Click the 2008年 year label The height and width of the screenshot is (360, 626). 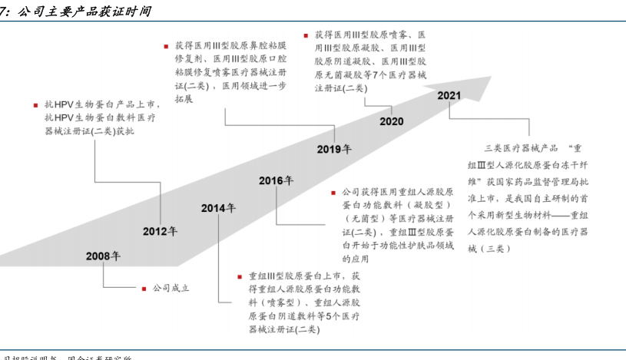point(103,256)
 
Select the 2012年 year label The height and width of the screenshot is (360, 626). point(160,231)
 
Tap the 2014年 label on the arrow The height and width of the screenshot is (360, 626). point(218,208)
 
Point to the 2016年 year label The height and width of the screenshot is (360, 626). point(276,181)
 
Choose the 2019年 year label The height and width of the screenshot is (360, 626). point(334,149)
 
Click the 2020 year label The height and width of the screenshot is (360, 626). point(391,121)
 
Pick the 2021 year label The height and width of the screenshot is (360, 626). point(449,95)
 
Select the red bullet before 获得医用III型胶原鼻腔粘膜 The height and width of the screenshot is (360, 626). point(166,46)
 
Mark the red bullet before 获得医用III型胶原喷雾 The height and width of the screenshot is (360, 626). point(306,35)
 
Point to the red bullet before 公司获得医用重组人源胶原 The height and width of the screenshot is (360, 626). point(333,192)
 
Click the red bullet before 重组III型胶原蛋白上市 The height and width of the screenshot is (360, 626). point(240,275)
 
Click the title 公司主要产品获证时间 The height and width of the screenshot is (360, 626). point(84,11)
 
